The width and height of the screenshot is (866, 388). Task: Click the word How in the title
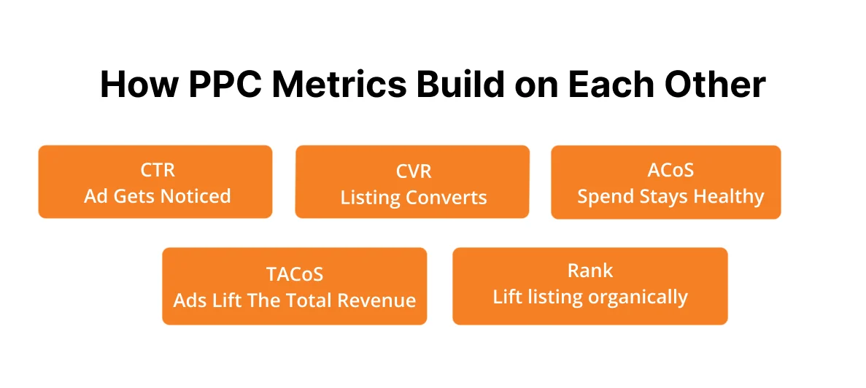click(139, 85)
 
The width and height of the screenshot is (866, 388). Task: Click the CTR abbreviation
click(157, 170)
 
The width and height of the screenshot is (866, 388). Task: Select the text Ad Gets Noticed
click(157, 195)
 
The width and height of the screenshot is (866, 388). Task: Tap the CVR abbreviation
click(413, 171)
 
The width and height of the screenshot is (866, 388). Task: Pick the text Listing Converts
click(413, 198)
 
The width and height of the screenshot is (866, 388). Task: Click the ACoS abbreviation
click(670, 170)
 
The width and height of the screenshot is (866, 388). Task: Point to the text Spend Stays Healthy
click(670, 196)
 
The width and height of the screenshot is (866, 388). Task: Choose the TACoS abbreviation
click(294, 273)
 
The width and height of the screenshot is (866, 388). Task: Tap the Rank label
click(589, 271)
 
